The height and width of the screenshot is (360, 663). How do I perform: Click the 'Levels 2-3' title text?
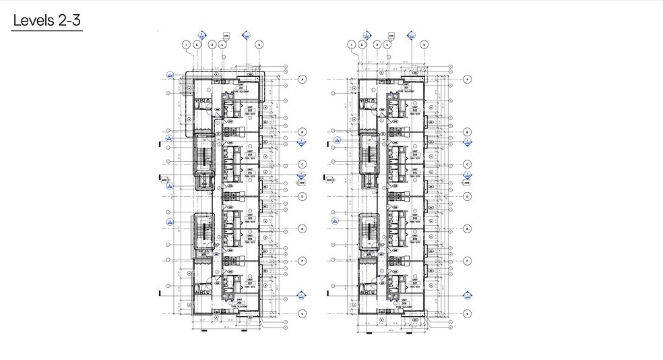coord(46,20)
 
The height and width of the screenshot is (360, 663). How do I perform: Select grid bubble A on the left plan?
coord(303,79)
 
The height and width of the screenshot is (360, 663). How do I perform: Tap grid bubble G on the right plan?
coord(467,313)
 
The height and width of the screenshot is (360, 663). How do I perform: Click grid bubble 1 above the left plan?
coord(187,44)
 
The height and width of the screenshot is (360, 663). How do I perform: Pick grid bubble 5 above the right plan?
coord(424,44)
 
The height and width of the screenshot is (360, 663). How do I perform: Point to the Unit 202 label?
coord(249,109)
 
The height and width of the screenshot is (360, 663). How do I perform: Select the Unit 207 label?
coord(249,282)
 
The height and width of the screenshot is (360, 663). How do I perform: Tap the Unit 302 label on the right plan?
coord(415,109)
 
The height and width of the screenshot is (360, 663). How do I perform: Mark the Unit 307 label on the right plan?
coord(415,282)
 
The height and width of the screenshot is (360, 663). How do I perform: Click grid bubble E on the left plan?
coord(303,229)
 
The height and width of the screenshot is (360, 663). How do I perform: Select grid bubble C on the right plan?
coord(467,164)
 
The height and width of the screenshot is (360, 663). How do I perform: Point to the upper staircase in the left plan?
coord(203,158)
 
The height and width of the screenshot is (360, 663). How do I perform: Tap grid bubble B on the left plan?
coord(303,132)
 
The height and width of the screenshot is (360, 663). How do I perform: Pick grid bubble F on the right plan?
coord(467,260)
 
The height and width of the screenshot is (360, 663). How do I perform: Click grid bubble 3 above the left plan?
coord(212,44)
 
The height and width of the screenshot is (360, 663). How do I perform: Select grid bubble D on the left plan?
coord(303,197)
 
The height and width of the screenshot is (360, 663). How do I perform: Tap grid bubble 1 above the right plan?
coord(351,44)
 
